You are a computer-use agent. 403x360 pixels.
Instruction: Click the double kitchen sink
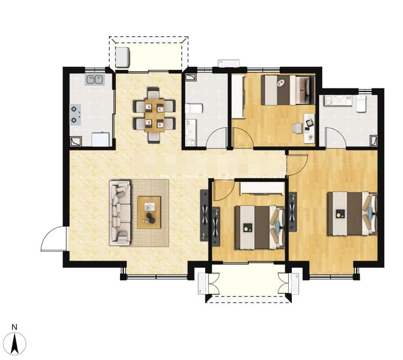tap(95, 80)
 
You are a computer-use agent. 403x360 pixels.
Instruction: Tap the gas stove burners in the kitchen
tap(76, 114)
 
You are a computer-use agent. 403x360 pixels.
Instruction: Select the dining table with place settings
tap(155, 115)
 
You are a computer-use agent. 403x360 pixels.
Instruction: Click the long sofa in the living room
tap(120, 213)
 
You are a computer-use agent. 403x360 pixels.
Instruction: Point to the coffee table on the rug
tap(149, 213)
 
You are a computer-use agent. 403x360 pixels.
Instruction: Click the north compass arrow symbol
tap(15, 343)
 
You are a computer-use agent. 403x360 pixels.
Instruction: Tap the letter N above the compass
tap(14, 327)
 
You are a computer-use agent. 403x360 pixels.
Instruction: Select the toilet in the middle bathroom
tap(194, 109)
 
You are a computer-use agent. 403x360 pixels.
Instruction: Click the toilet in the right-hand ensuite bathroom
tap(361, 103)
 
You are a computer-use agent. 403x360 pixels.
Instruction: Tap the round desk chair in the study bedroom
tap(297, 128)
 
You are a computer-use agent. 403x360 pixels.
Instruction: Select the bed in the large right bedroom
tap(352, 214)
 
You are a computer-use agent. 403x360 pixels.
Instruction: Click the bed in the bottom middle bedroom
tap(260, 228)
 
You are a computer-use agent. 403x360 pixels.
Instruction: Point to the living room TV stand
tap(204, 215)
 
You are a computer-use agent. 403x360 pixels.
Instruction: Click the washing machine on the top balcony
tap(122, 57)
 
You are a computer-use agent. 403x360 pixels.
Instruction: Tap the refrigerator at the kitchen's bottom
tap(101, 139)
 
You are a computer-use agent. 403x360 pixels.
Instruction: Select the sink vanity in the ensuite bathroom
tap(338, 100)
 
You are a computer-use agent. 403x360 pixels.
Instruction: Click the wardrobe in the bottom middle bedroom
tap(261, 188)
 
